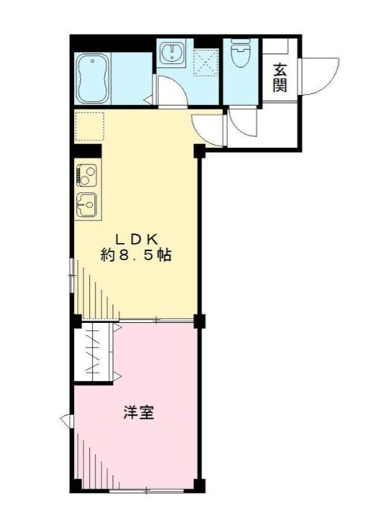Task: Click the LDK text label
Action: tap(135, 237)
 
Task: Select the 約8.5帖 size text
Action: tap(137, 255)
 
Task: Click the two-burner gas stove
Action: tap(85, 176)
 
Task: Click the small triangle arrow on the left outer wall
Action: tap(66, 419)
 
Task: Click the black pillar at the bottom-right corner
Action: tap(199, 484)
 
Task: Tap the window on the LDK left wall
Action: tap(72, 272)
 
